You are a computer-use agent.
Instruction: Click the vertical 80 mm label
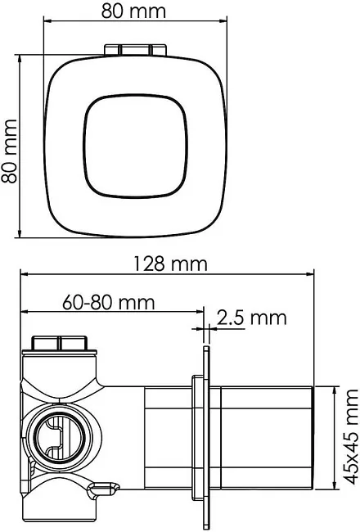point(10,151)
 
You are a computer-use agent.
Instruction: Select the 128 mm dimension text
point(170,264)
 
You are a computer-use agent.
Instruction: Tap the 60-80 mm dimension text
point(109,302)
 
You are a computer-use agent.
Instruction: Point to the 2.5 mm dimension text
point(251,318)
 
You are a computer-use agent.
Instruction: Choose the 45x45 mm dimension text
point(351,437)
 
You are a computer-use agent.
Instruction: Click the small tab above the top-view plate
point(135,50)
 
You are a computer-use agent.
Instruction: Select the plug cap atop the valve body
point(60,344)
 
